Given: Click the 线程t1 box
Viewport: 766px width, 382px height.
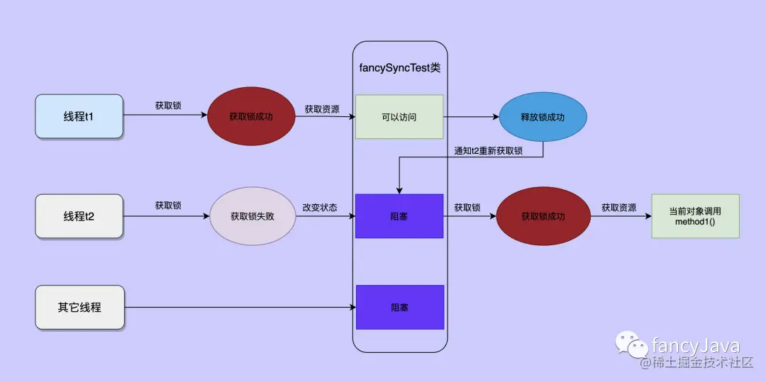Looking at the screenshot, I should tap(79, 116).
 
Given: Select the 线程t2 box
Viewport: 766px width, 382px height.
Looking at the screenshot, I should tap(79, 216).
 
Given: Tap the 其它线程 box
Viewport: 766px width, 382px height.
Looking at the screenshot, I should tap(79, 308).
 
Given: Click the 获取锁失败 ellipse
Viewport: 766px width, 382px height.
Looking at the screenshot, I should tap(252, 216).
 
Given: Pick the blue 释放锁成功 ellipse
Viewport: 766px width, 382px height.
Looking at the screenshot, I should tap(543, 116).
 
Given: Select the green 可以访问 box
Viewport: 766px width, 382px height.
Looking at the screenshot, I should tap(399, 116).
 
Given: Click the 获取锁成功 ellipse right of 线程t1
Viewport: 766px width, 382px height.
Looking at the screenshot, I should tap(250, 116).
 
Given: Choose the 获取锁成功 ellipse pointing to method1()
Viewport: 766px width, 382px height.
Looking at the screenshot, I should tap(543, 216).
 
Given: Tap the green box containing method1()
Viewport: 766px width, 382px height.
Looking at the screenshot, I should tap(694, 216).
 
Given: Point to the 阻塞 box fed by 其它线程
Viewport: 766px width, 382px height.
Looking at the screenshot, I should tap(399, 308).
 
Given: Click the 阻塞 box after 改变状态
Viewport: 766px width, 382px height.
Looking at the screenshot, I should tap(399, 216).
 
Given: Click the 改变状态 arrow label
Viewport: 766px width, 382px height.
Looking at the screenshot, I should tap(320, 206).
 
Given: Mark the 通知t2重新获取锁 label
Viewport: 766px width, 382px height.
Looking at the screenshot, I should tap(488, 150).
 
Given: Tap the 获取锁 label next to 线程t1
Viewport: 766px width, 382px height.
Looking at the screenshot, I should tap(168, 106).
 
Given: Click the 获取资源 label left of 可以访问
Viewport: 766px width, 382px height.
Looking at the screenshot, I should tap(322, 109).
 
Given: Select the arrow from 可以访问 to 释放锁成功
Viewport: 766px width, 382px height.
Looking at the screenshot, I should tap(472, 116).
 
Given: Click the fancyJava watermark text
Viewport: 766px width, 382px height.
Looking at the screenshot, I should tap(696, 346).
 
